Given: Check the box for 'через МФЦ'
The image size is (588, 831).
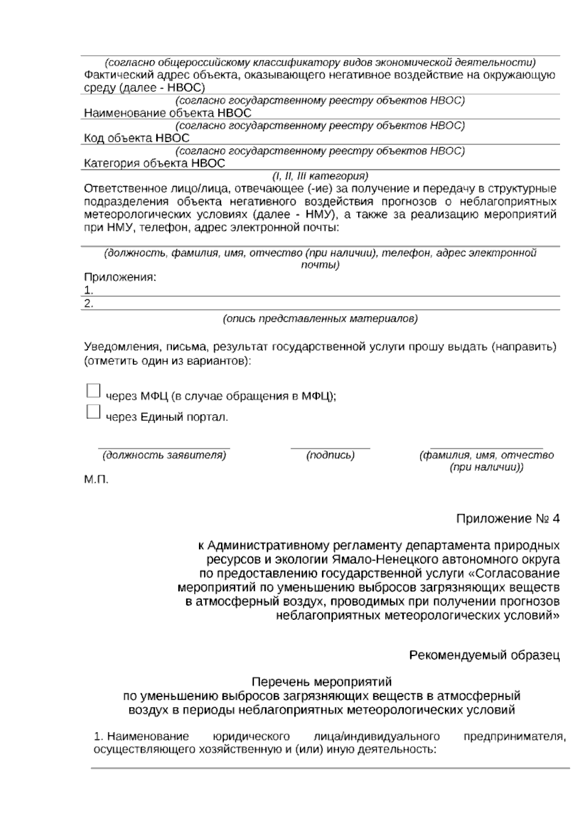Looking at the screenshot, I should [x=93, y=391].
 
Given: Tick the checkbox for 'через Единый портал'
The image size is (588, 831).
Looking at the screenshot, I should [x=93, y=412].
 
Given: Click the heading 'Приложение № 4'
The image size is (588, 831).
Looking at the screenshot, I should [x=508, y=519].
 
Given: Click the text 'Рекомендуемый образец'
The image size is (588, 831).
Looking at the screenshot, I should [x=484, y=655].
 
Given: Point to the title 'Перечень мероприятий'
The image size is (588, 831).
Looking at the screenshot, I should [x=321, y=682].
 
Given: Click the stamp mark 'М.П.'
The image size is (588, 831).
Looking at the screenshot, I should [x=96, y=479].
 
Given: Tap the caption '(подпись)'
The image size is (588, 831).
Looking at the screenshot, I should [x=330, y=455].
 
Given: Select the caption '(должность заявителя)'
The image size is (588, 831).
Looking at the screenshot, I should [x=164, y=455].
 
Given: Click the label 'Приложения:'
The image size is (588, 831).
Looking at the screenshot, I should [x=120, y=277].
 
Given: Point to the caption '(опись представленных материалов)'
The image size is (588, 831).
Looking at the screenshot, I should [x=320, y=319].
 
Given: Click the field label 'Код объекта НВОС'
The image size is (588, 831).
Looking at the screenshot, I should [x=137, y=138].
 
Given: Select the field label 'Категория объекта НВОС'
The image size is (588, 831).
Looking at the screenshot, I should [x=154, y=163].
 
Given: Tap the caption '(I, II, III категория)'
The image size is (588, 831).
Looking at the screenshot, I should [x=320, y=175].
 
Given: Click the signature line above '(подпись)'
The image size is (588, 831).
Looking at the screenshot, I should [x=330, y=448].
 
